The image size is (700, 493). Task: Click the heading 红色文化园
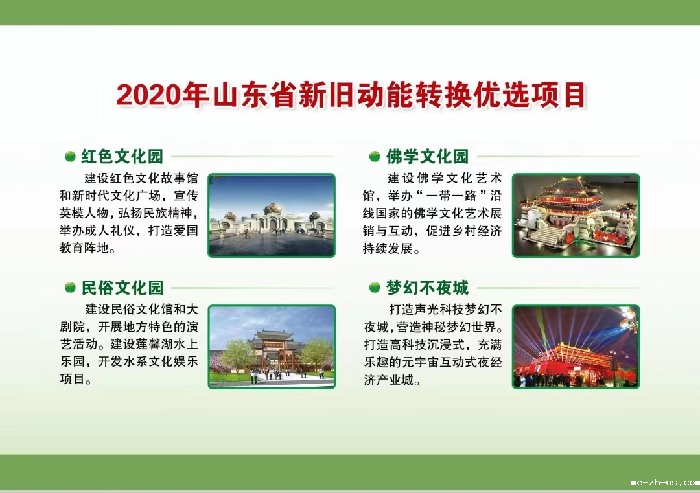point(122,157)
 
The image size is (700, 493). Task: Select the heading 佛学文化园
point(427,157)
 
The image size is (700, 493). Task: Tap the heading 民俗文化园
point(122,288)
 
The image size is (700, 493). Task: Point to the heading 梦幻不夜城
point(427,288)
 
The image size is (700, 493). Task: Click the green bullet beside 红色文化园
point(70,157)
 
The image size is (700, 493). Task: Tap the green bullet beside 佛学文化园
point(375,157)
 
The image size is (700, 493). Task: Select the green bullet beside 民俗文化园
point(70,288)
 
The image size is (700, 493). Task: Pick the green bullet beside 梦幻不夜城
point(375,288)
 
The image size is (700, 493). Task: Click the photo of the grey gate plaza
point(272,215)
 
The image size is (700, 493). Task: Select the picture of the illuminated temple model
point(576,215)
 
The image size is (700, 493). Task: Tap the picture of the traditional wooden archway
point(272,347)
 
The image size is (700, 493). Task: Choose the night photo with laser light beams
point(576,347)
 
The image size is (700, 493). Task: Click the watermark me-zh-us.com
point(665,482)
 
